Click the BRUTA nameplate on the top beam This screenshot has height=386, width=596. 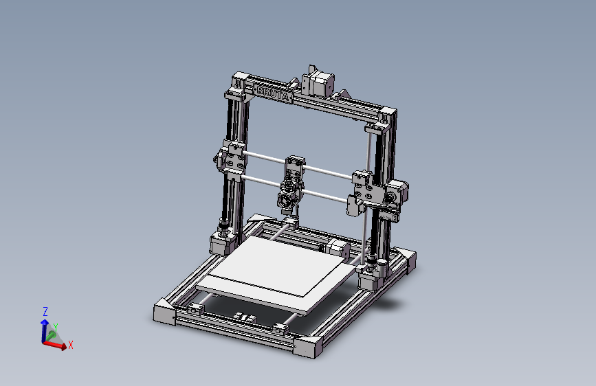click(x=273, y=92)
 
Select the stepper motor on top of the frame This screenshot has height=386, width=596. click(x=318, y=82)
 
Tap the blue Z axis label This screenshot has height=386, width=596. click(x=45, y=311)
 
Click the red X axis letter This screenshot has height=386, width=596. click(x=70, y=345)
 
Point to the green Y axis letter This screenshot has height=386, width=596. click(x=55, y=328)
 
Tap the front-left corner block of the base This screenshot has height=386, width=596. click(x=165, y=313)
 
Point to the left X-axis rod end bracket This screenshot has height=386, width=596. click(x=232, y=162)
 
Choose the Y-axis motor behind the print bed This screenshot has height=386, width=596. click(x=336, y=248)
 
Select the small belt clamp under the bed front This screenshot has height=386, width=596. click(x=243, y=317)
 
